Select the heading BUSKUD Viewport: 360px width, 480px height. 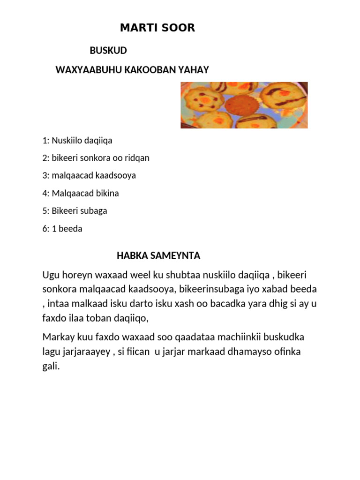point(108,51)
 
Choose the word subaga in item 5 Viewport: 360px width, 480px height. point(94,211)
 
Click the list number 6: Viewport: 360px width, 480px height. point(45,229)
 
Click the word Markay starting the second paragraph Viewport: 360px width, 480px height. point(58,337)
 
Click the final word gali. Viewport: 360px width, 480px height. point(51,367)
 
